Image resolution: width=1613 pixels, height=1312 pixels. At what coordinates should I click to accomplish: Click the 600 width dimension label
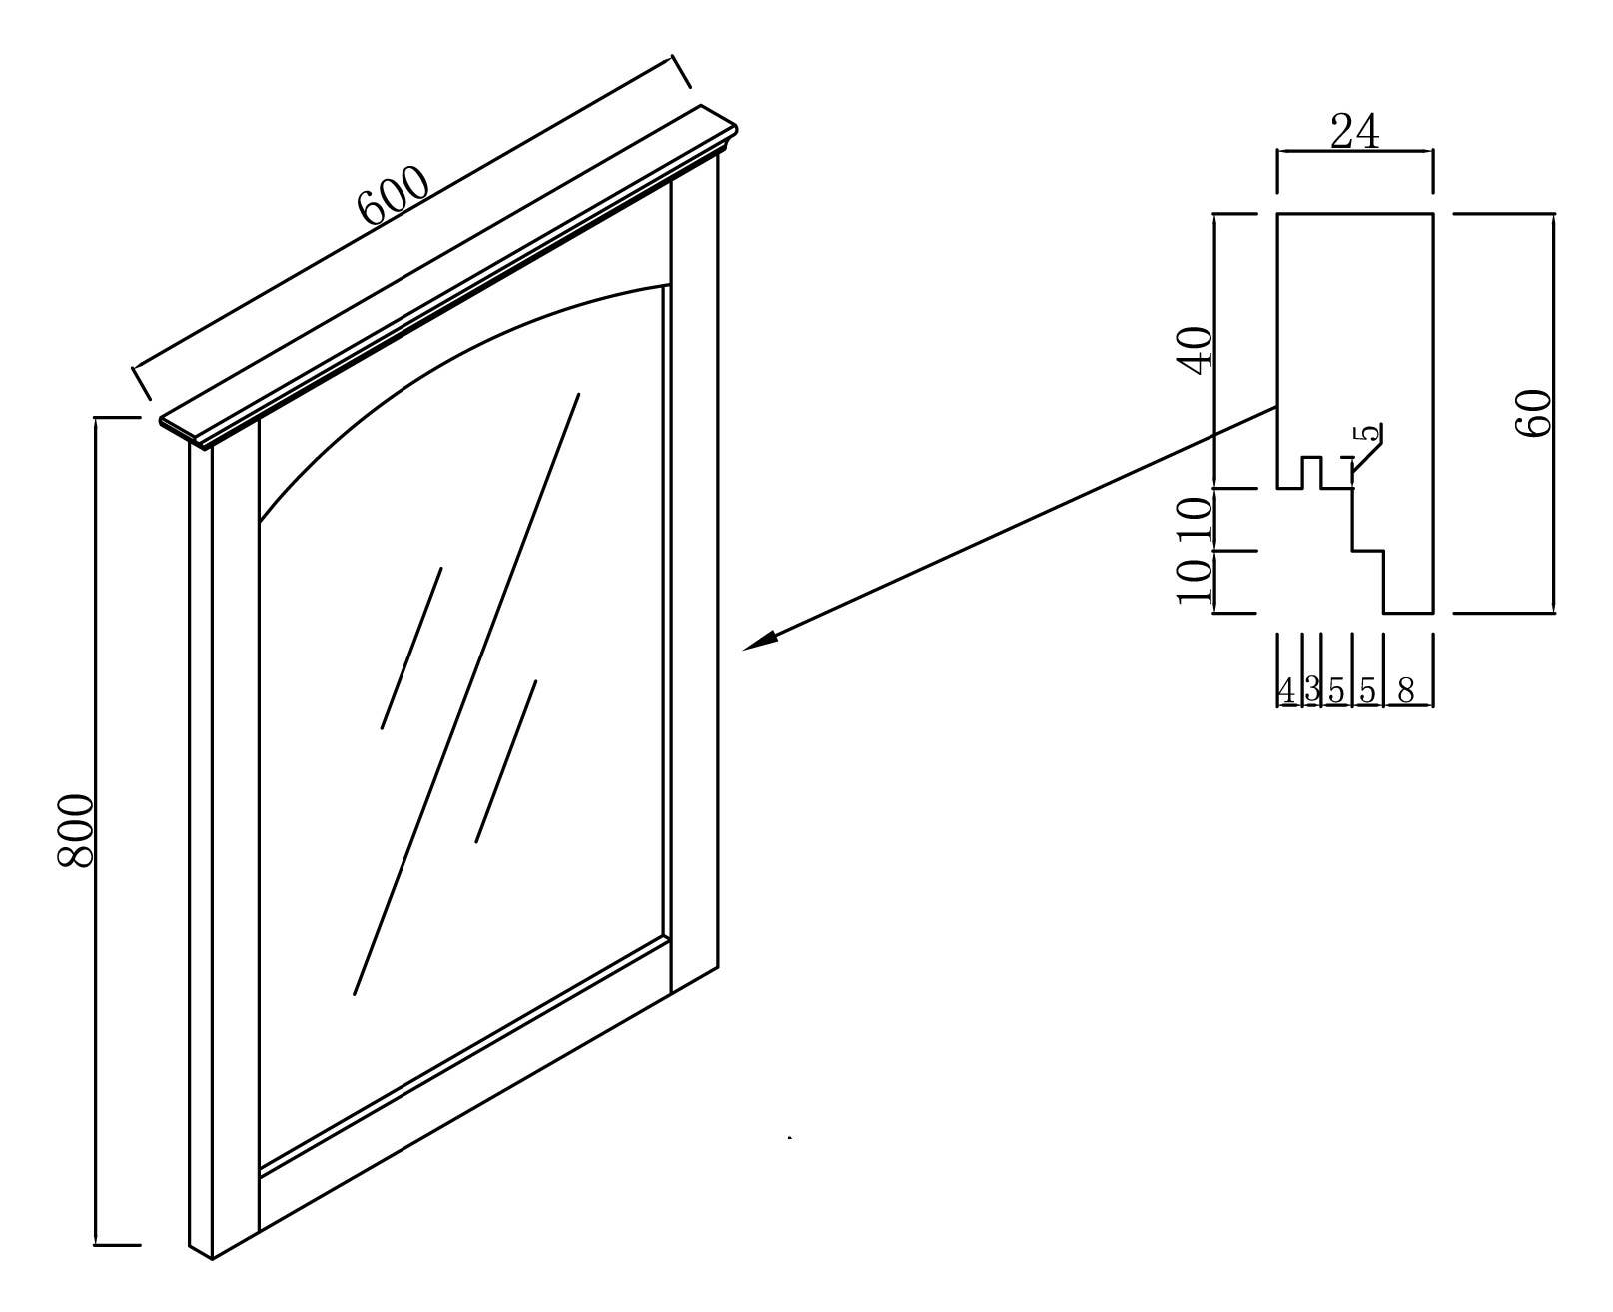click(x=394, y=194)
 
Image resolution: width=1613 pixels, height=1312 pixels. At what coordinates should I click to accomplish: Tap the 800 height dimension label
click(x=76, y=830)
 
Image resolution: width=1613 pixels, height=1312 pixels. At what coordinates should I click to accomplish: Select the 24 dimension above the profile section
click(x=1355, y=132)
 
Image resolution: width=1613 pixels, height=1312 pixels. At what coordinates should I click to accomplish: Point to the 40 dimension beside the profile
click(x=1197, y=349)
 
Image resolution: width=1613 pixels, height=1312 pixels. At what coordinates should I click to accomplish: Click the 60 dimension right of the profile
click(x=1534, y=413)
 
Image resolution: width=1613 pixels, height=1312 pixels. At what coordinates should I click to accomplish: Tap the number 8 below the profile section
click(x=1406, y=690)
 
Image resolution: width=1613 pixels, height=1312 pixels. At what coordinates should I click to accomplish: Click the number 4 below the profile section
click(x=1286, y=690)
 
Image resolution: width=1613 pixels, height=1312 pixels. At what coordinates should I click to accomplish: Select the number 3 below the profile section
click(x=1312, y=690)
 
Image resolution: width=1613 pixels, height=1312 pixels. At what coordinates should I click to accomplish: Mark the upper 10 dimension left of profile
click(x=1195, y=520)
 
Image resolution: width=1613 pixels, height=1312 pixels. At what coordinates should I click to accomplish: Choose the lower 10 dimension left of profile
click(x=1195, y=581)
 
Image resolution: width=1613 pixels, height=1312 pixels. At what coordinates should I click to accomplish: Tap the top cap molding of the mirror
click(x=449, y=275)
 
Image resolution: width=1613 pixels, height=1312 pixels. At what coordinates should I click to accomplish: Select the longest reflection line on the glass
click(x=467, y=693)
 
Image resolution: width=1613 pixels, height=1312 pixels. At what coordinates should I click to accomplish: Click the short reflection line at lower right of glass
click(x=506, y=761)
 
